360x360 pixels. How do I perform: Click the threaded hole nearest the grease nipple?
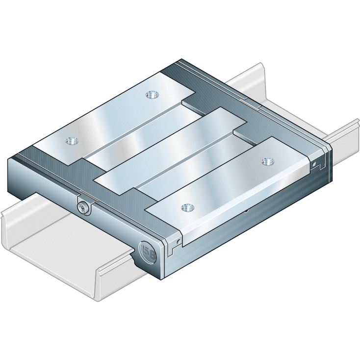point(72,141)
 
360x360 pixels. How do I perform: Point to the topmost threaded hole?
point(151,95)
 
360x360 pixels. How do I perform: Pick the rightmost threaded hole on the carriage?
point(267,161)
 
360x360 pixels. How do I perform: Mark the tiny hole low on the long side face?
point(246,212)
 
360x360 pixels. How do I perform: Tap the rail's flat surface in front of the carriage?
point(64,250)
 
